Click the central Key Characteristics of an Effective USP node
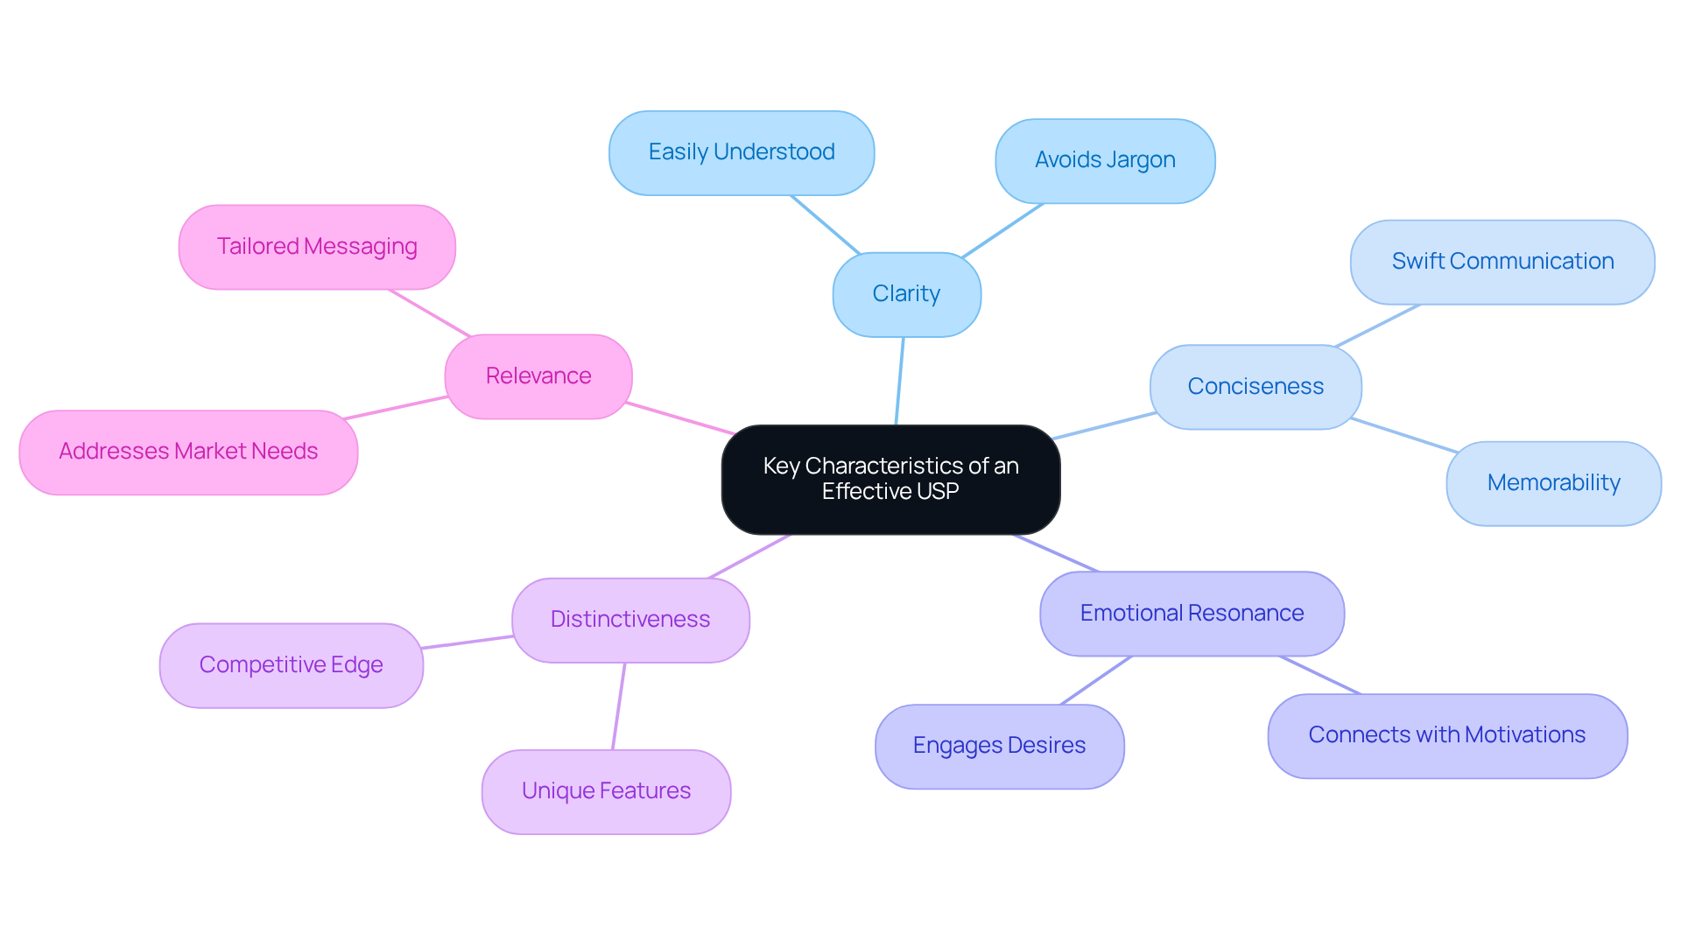[890, 479]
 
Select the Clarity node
[906, 294]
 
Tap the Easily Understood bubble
[741, 152]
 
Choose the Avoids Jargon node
[1105, 160]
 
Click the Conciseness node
[1255, 386]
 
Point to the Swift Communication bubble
[1502, 262]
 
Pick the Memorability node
[1553, 483]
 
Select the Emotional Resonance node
[1192, 613]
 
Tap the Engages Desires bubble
[999, 746]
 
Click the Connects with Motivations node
[1446, 735]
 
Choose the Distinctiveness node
[630, 620]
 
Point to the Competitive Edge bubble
[291, 665]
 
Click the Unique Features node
[606, 791]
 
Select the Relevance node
[538, 376]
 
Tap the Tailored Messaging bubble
[317, 247]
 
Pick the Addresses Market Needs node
[188, 452]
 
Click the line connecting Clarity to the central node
[899, 381]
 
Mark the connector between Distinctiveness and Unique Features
[618, 706]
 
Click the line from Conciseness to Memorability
[1403, 435]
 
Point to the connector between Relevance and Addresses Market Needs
[396, 408]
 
